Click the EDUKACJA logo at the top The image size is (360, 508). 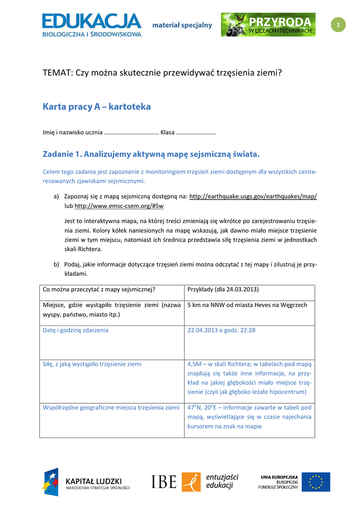[x=92, y=25]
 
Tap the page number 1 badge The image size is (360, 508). [x=338, y=25]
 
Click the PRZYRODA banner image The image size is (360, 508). [x=268, y=25]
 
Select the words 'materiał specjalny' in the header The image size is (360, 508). [x=182, y=25]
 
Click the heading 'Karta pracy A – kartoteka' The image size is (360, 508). [x=97, y=107]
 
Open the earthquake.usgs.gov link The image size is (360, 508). [x=253, y=196]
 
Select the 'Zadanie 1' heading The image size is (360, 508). [x=151, y=154]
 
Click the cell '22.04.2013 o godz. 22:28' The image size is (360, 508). [x=221, y=330]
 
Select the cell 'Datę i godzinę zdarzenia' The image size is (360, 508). [x=76, y=330]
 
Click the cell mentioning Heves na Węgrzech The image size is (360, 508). [x=247, y=305]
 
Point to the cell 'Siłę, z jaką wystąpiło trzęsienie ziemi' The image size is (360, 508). [x=92, y=364]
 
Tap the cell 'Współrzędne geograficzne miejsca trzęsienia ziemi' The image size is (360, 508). [x=111, y=407]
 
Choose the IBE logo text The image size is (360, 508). [x=164, y=482]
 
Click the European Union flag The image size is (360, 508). [x=316, y=482]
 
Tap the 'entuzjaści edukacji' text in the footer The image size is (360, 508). [x=222, y=481]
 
